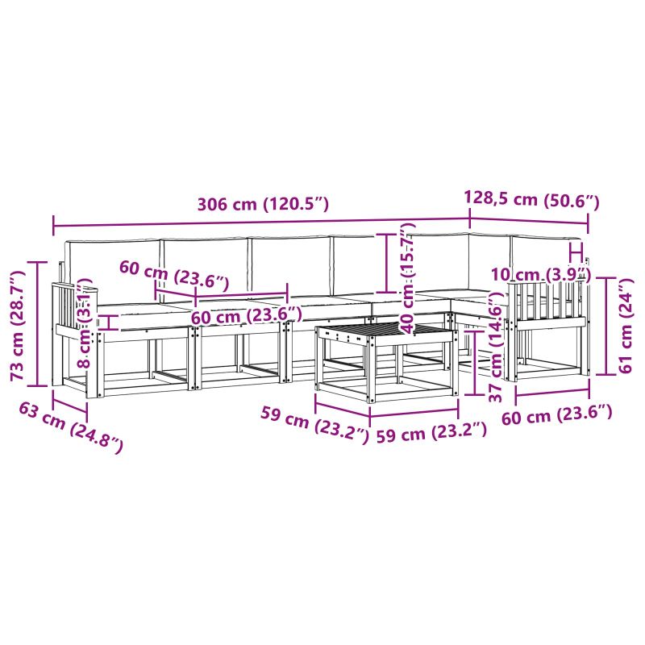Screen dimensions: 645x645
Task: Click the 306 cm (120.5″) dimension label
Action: [x=264, y=204]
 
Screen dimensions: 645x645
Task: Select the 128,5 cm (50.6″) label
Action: [x=531, y=199]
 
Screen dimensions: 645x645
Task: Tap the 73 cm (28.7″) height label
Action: [x=19, y=325]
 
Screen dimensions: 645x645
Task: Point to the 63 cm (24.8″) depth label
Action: [x=71, y=427]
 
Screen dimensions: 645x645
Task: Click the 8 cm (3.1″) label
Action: [x=85, y=323]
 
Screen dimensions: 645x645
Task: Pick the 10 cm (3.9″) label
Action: [x=541, y=274]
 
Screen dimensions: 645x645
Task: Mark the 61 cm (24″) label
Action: [x=626, y=326]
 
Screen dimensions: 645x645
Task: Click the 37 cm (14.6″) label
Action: [x=497, y=347]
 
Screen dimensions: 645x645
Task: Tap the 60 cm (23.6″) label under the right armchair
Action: [x=557, y=415]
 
